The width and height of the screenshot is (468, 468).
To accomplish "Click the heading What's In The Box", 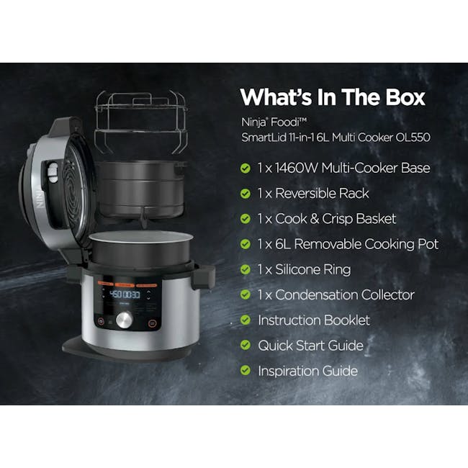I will pyautogui.click(x=333, y=96).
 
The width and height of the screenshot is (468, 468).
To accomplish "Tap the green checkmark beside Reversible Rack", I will pyautogui.click(x=246, y=193).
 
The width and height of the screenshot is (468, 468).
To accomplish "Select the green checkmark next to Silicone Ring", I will pyautogui.click(x=246, y=269).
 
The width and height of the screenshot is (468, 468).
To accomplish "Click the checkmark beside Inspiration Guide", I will pyautogui.click(x=246, y=371).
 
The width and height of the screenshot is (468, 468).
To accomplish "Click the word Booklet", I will pyautogui.click(x=346, y=320).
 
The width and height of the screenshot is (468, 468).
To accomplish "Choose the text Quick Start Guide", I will pyautogui.click(x=310, y=346).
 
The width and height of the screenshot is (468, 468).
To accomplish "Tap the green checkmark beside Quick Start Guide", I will pyautogui.click(x=246, y=346).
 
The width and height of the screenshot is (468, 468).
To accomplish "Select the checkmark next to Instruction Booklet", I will pyautogui.click(x=246, y=320).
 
